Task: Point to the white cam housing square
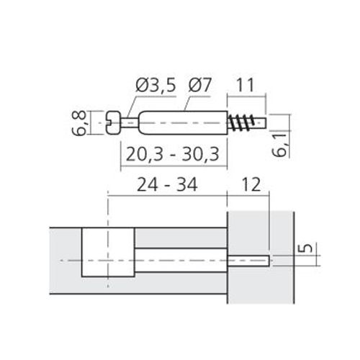tap(107, 253)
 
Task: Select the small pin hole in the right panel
tap(248, 259)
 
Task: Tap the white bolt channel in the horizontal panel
tap(180, 259)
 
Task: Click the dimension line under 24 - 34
tap(167, 194)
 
